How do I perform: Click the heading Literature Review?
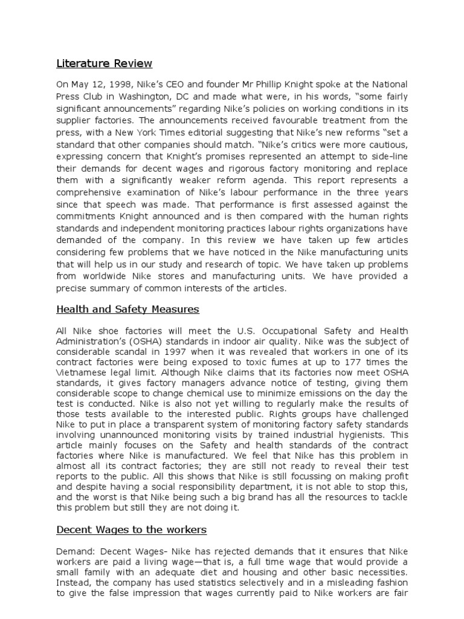[105, 63]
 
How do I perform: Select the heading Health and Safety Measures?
[127, 309]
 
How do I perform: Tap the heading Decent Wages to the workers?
[131, 530]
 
